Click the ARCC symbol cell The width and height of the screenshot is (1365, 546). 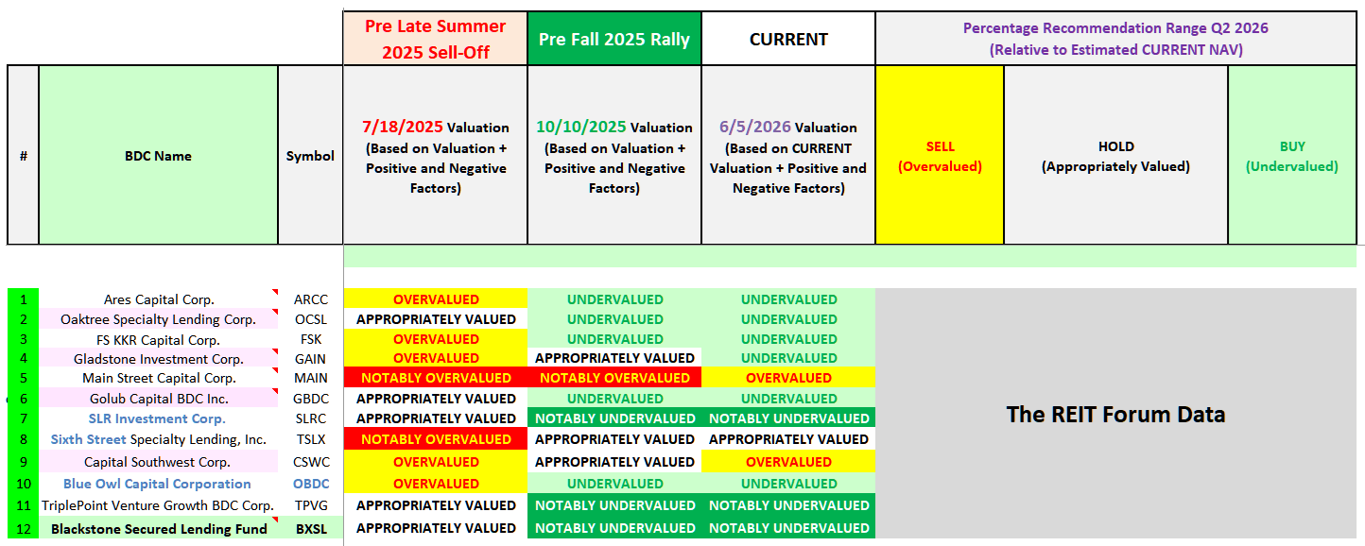point(311,299)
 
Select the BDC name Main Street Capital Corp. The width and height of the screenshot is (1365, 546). point(159,378)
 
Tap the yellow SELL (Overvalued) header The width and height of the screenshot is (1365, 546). point(940,155)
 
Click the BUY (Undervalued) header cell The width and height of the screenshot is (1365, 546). point(1292,155)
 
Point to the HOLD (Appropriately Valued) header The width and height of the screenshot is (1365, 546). point(1115,155)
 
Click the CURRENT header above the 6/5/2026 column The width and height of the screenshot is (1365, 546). point(788,39)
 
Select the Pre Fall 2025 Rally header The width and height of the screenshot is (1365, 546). point(614,39)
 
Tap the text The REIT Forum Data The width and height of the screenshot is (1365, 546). point(1115,415)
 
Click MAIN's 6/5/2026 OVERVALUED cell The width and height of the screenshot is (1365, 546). point(788,378)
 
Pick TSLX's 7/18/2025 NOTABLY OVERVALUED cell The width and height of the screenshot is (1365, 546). point(436,439)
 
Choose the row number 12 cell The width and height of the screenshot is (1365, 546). point(23,528)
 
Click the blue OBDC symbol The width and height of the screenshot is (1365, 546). point(311,484)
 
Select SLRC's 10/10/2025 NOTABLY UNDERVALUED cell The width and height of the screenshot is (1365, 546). point(614,418)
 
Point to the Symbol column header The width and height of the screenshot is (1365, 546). point(310,155)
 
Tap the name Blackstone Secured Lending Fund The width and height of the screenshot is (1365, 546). point(159,529)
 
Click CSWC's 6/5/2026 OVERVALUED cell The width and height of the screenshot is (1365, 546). point(788,461)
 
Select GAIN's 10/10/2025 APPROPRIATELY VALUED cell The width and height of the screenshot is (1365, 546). point(614,358)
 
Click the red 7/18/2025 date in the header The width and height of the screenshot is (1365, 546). point(402,127)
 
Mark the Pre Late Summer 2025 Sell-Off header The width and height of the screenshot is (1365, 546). point(436,39)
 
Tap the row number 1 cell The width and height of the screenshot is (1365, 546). point(23,299)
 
